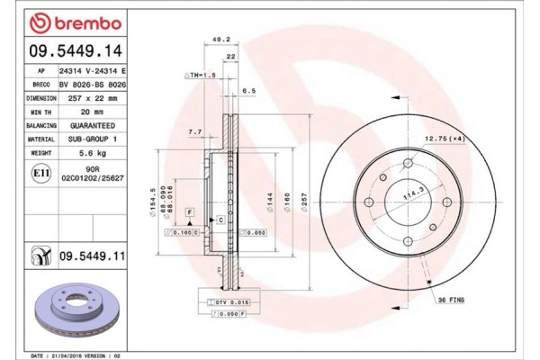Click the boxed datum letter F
190,211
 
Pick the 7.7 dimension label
193,132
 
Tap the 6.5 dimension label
249,91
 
